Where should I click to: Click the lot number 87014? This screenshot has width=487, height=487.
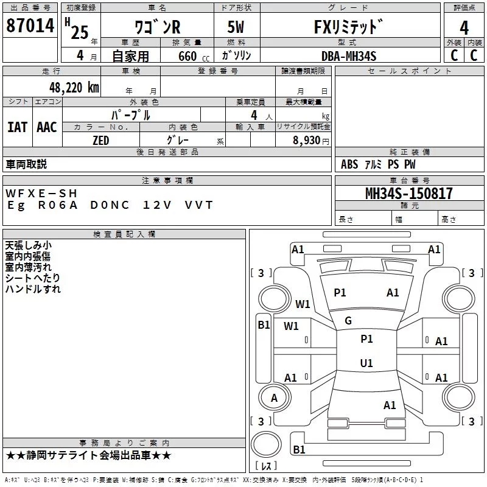point(30,26)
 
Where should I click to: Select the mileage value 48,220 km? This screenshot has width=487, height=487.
point(74,88)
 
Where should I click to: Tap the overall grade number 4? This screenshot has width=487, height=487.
point(464,27)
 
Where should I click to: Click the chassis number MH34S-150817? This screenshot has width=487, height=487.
point(408,194)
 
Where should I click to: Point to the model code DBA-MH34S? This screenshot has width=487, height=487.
point(349,56)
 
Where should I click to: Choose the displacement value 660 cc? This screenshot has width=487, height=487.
point(194,57)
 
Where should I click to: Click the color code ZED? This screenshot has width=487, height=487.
point(100,141)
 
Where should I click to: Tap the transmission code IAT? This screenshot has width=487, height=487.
point(18,127)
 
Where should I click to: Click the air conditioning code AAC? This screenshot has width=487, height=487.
point(47,127)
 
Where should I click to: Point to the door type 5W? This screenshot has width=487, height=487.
point(236,27)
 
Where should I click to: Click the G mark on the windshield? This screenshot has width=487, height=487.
point(348,321)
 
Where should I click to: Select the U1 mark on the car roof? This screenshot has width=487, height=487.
point(366,363)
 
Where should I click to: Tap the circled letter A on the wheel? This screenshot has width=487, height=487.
point(274,398)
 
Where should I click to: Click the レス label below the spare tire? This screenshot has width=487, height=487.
point(266,465)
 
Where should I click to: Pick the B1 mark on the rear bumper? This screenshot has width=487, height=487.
point(299,449)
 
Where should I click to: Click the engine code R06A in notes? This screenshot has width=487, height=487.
point(58,205)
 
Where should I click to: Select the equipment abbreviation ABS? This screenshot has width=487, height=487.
point(349,164)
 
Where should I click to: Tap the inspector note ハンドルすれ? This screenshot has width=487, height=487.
point(33,289)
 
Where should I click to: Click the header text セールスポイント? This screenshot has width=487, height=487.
point(409,71)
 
